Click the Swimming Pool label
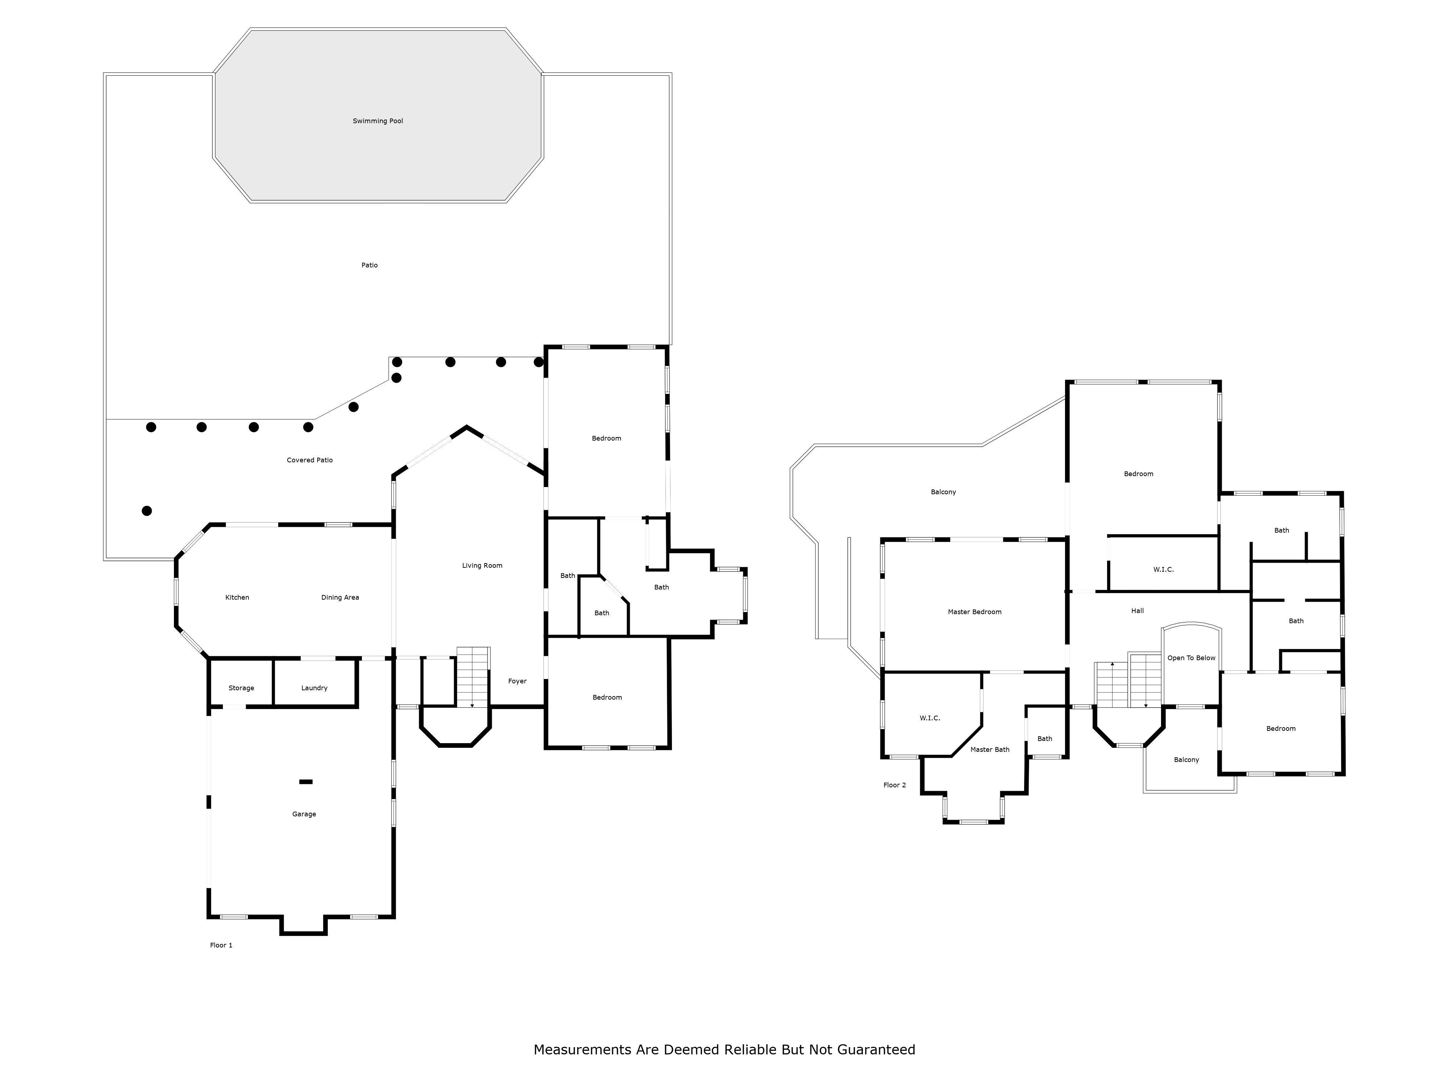click(x=378, y=121)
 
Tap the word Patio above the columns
click(x=369, y=265)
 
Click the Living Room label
click(x=482, y=566)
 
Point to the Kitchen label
click(x=237, y=597)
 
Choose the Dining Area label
click(x=340, y=597)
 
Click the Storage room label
click(x=241, y=688)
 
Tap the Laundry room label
click(x=314, y=688)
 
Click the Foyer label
click(x=518, y=682)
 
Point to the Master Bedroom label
click(x=975, y=612)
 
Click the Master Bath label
click(x=990, y=750)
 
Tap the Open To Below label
click(x=1191, y=658)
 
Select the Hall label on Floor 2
click(x=1138, y=611)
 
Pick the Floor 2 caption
click(x=895, y=785)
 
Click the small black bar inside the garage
click(x=306, y=782)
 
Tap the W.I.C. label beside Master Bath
click(x=930, y=718)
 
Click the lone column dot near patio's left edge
click(x=147, y=511)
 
